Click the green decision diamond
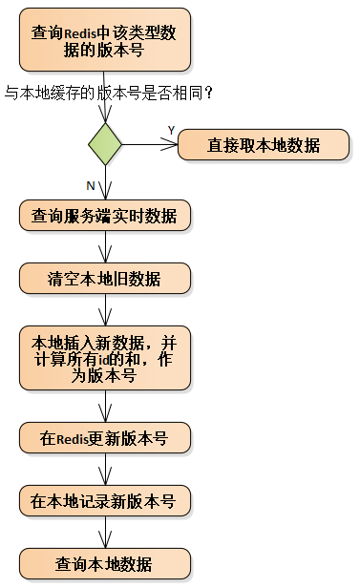105,145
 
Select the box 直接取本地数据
263,146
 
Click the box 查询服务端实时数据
105,216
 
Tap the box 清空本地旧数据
105,279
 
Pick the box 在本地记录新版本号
105,500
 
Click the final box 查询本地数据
105,563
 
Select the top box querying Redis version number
105,41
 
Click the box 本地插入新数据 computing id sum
105,358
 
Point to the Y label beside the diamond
172,129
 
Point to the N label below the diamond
90,184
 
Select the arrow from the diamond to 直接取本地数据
151,145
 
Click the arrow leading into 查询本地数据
105,532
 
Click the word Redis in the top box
82,33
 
